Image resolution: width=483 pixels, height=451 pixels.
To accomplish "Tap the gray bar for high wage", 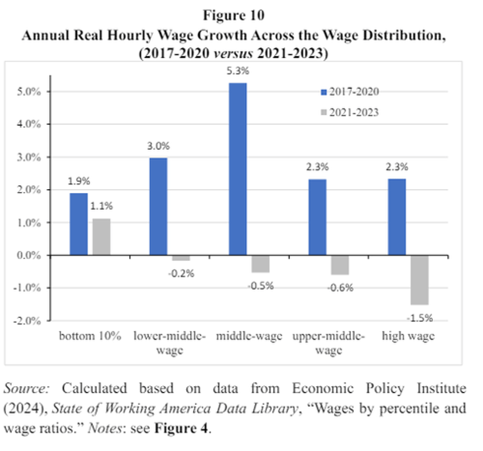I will coord(419,280).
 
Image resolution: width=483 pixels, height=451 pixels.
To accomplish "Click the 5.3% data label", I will coord(238,72).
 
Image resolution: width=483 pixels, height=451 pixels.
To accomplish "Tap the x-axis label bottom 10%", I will coord(90,337).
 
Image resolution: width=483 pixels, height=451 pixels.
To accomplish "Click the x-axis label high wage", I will coord(408,337).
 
